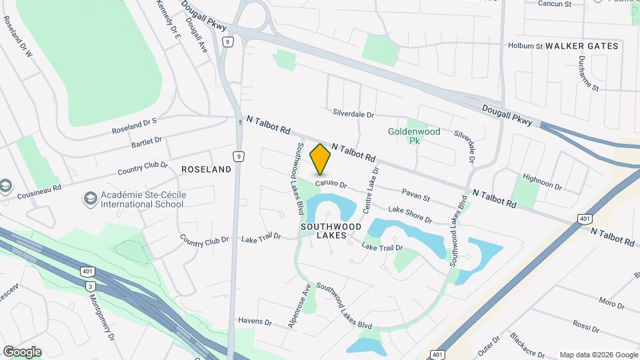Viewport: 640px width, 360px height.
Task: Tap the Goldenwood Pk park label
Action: pos(414,136)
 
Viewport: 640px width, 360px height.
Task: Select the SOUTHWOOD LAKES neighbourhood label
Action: pos(331,231)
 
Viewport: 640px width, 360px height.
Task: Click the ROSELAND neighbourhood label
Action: pos(207,169)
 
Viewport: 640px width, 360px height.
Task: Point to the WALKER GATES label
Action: pos(582,46)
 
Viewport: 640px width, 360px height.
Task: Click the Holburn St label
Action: pos(525,47)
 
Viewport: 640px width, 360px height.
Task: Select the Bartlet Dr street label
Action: pos(147,141)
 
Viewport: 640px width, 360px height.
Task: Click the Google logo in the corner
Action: pos(22,351)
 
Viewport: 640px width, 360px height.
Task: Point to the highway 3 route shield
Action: pos(89,286)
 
